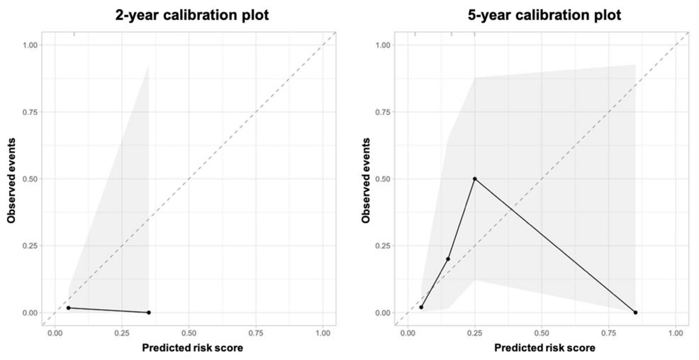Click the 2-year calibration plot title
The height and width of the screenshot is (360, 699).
tap(192, 15)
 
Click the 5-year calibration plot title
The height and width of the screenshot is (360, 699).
tap(544, 15)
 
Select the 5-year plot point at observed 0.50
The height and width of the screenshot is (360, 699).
tap(475, 179)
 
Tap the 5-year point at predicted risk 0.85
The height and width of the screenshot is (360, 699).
tap(635, 313)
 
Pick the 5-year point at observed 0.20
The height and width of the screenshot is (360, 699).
tap(448, 259)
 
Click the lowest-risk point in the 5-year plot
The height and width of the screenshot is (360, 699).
tap(421, 307)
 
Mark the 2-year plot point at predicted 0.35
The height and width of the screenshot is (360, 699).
tap(148, 313)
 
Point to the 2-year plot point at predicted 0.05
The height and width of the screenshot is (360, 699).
tap(68, 308)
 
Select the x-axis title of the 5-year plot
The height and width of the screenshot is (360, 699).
tap(545, 348)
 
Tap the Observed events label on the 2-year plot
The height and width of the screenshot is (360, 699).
tap(12, 178)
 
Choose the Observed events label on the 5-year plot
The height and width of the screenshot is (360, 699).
tap(366, 178)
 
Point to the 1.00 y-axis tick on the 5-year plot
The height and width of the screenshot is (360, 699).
tap(382, 45)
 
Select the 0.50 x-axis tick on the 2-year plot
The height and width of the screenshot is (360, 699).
tap(189, 332)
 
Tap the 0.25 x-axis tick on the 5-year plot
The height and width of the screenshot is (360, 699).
tap(475, 332)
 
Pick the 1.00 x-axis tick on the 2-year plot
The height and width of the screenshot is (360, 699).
tap(323, 332)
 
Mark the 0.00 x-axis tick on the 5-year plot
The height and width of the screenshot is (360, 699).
tap(408, 332)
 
